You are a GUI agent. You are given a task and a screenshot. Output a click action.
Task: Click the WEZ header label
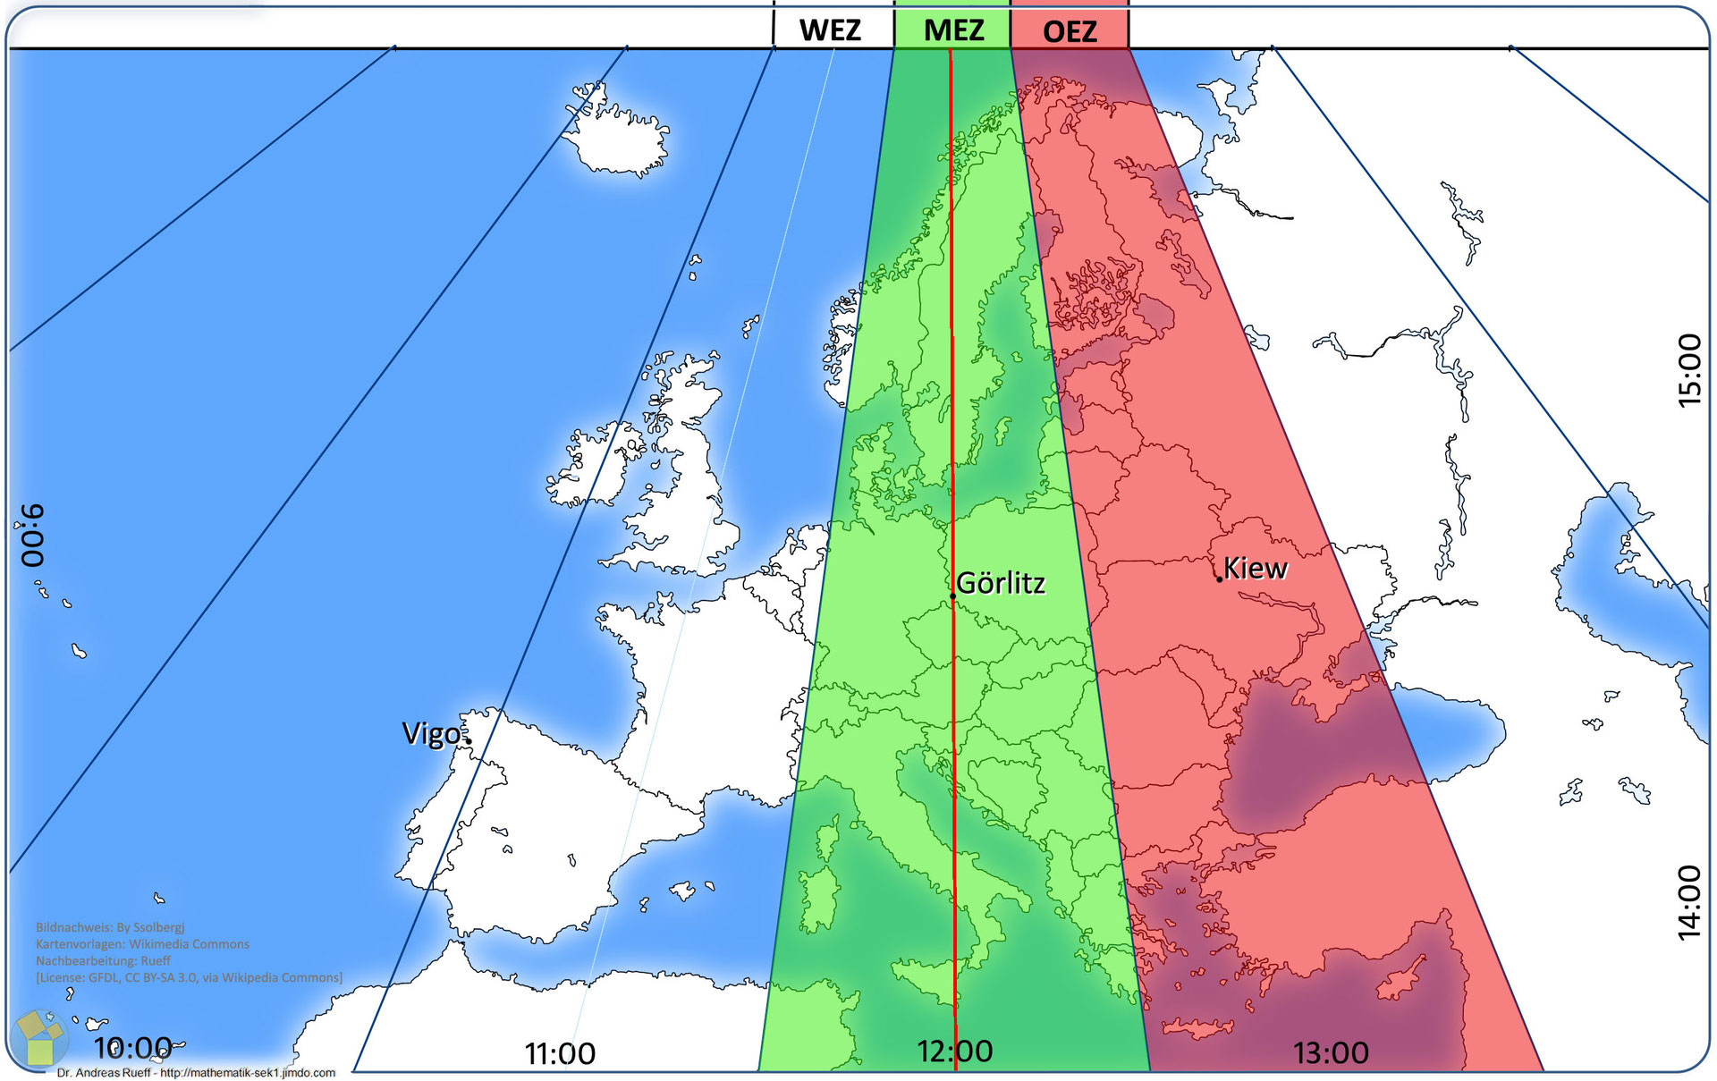pos(830,30)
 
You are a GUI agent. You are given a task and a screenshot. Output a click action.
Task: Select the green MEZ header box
pos(953,30)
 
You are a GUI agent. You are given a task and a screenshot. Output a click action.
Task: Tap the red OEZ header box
pos(1070,31)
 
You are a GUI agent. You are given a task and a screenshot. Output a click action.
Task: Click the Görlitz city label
pos(1001,583)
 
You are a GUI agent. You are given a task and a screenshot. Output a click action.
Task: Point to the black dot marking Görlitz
pos(952,595)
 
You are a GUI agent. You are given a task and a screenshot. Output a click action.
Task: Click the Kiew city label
pos(1256,568)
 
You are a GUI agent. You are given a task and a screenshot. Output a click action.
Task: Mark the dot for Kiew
pos(1219,579)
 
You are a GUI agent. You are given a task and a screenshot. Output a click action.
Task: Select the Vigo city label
pos(431,733)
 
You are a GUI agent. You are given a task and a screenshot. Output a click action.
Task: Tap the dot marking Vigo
pos(468,740)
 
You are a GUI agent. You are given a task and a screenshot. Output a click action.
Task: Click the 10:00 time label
pos(132,1047)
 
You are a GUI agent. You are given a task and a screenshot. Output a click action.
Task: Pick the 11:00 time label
pos(560,1053)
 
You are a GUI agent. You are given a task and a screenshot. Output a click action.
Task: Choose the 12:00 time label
pos(954,1051)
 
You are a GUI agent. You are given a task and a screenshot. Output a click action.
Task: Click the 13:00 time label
pos(1331,1052)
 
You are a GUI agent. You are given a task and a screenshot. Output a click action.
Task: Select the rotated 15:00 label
pos(1688,370)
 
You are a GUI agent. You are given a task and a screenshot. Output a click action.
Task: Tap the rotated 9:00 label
pos(32,535)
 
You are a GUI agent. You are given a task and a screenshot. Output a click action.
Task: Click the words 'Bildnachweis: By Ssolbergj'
pos(110,927)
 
